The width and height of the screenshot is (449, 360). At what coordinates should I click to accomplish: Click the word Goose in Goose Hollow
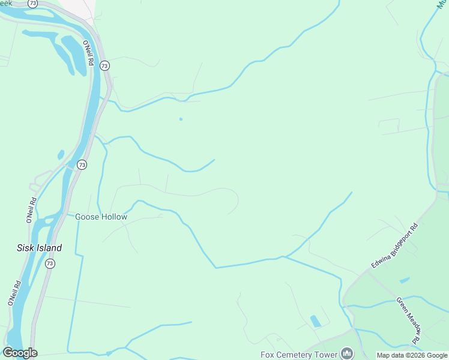(x=87, y=217)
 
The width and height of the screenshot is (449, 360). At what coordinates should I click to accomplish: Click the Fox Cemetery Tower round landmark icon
(x=346, y=353)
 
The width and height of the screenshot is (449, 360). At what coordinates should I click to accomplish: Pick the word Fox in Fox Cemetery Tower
(x=267, y=355)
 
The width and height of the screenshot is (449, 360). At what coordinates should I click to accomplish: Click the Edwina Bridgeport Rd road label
(x=394, y=248)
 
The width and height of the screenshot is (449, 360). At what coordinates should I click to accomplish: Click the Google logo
(x=20, y=353)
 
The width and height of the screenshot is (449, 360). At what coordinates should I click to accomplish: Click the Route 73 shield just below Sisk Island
(x=49, y=263)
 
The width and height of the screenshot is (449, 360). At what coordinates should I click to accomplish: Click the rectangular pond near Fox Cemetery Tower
(x=315, y=321)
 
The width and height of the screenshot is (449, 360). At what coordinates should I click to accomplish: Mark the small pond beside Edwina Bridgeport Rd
(x=405, y=280)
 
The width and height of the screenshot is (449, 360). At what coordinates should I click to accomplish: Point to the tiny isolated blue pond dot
(x=181, y=119)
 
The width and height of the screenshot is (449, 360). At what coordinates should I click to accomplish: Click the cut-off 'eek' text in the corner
(x=6, y=4)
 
